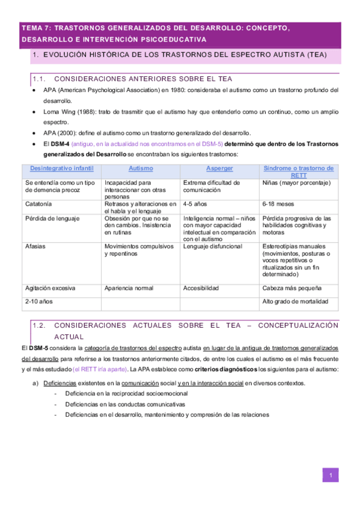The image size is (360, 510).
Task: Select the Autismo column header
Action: click(141, 168)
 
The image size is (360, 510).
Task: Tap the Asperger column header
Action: click(219, 168)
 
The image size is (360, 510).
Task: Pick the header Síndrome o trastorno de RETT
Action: click(299, 172)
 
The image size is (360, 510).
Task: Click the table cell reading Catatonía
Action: click(38, 204)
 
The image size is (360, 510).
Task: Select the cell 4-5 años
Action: click(196, 204)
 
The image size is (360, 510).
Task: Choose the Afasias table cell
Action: click(35, 247)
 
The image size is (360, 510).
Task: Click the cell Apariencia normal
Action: click(129, 288)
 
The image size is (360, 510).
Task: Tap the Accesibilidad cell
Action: click(201, 288)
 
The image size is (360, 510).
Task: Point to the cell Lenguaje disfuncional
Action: click(213, 247)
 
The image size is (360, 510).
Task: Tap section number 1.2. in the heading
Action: click(40, 325)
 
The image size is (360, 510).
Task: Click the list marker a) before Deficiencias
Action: click(35, 383)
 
